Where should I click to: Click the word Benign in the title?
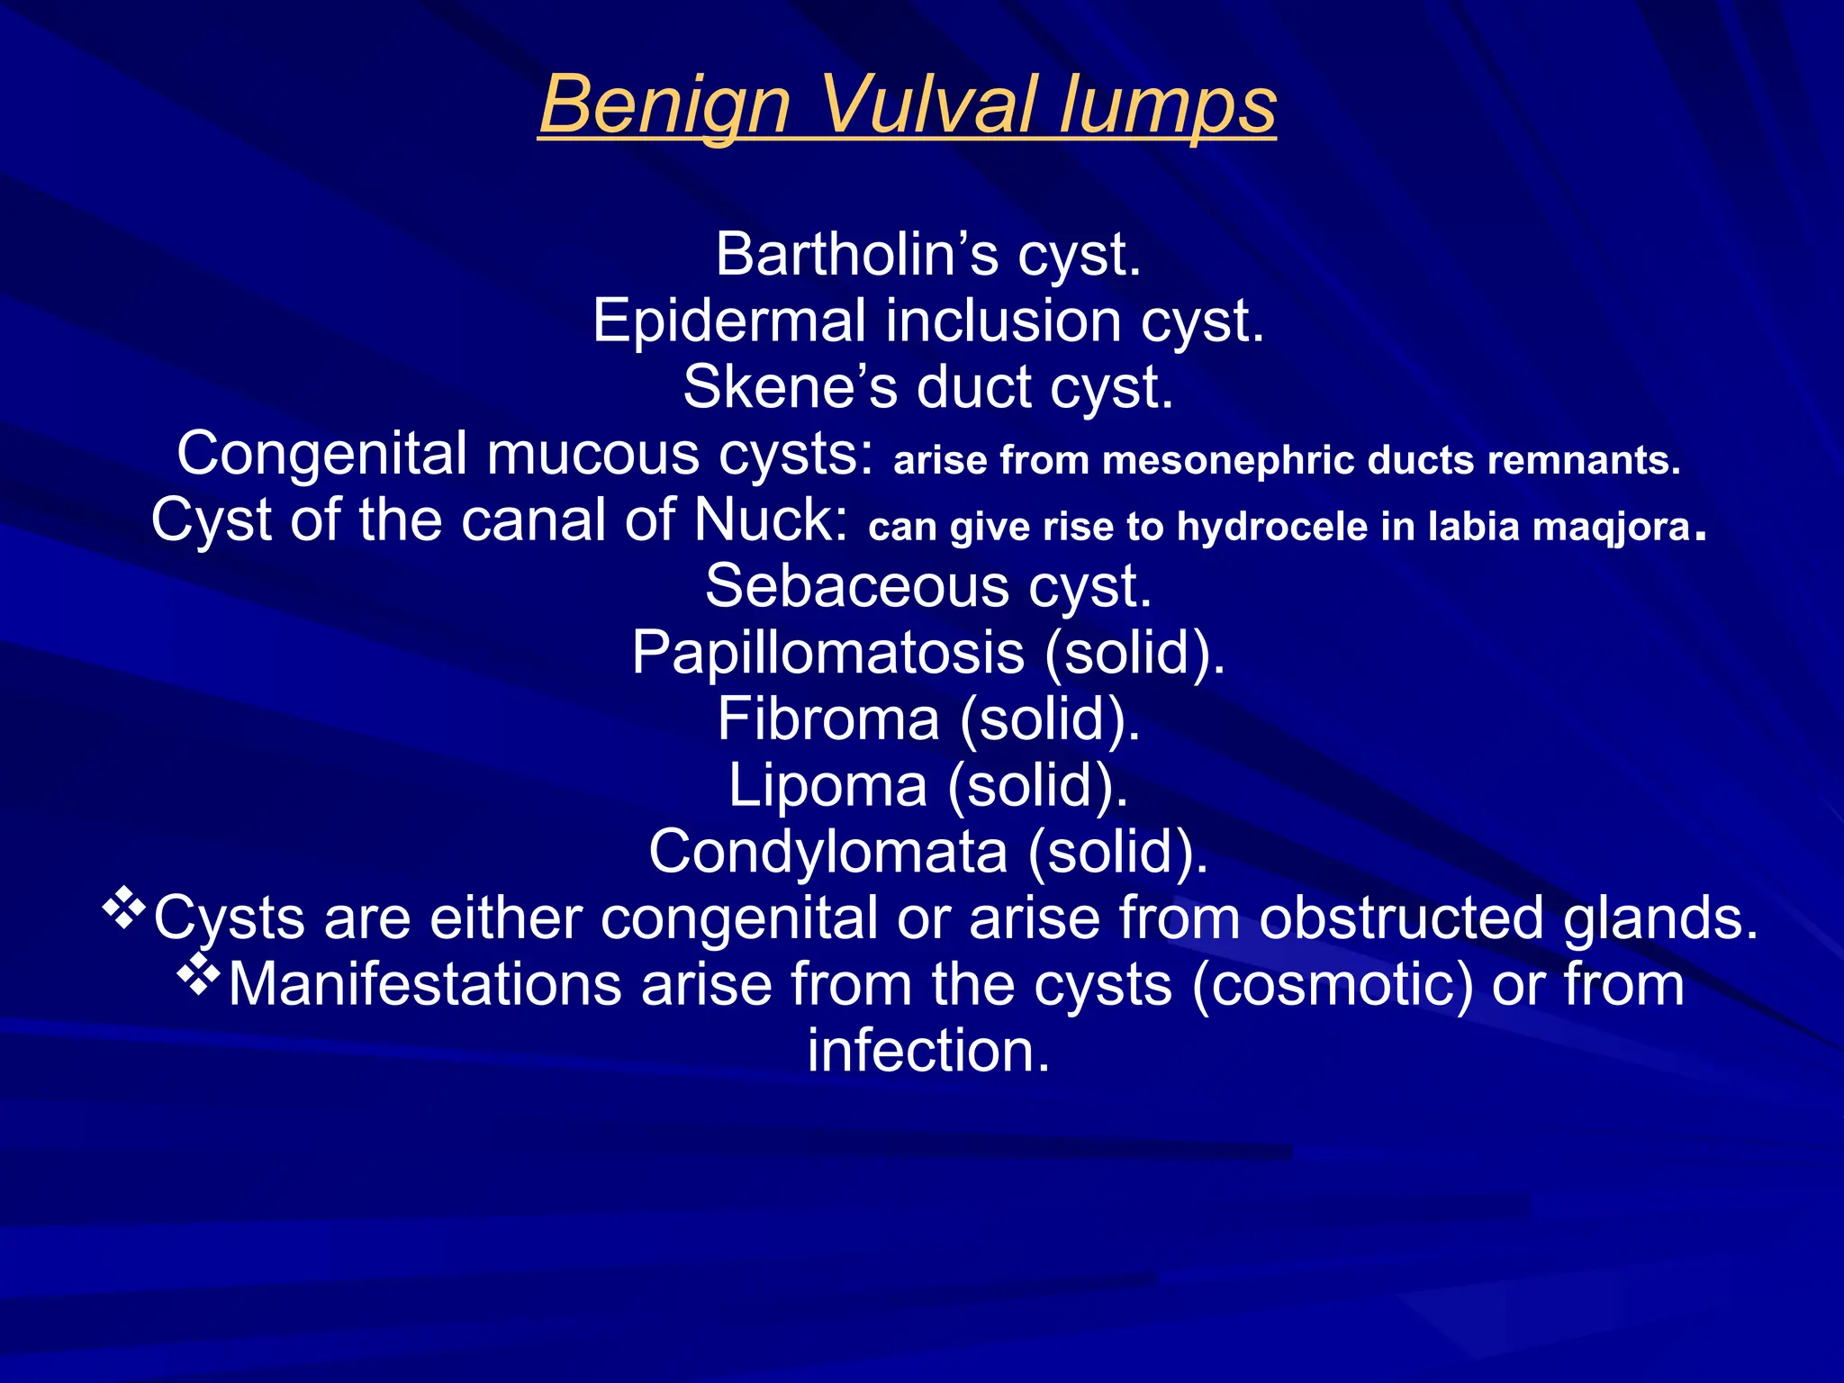click(x=664, y=105)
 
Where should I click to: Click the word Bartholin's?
click(x=856, y=255)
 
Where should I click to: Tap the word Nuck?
click(x=771, y=520)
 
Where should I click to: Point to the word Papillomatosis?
click(x=827, y=653)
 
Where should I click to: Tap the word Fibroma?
click(x=828, y=719)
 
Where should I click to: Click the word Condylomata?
click(x=827, y=852)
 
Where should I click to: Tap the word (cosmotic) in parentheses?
click(x=1333, y=985)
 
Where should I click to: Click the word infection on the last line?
click(x=928, y=1051)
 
